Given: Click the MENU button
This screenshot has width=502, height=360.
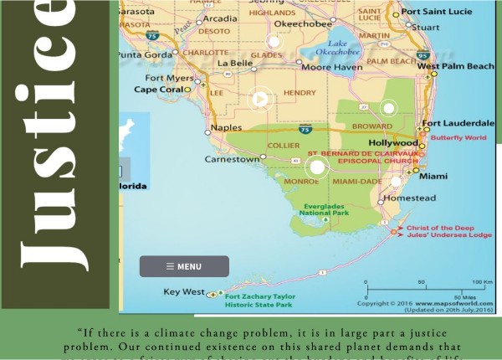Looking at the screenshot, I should [x=184, y=266].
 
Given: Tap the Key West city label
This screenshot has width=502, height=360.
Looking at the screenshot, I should [x=183, y=292].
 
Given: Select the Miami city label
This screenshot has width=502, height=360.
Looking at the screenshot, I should [x=433, y=176].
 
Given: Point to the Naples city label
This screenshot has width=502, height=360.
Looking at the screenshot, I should [x=226, y=127].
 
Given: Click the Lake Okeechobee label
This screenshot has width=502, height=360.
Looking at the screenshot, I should [x=344, y=48].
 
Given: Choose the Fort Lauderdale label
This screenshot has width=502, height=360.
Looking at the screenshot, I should [x=457, y=123].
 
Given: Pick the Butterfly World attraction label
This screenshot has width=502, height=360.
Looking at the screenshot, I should [x=458, y=136].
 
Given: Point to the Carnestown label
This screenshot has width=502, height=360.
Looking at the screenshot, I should [x=232, y=158].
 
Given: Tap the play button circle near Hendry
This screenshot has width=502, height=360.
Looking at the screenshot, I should [x=260, y=100].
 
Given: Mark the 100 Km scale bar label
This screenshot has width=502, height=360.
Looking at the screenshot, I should [x=480, y=282].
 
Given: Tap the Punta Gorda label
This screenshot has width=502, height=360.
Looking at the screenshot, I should [x=142, y=54].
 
